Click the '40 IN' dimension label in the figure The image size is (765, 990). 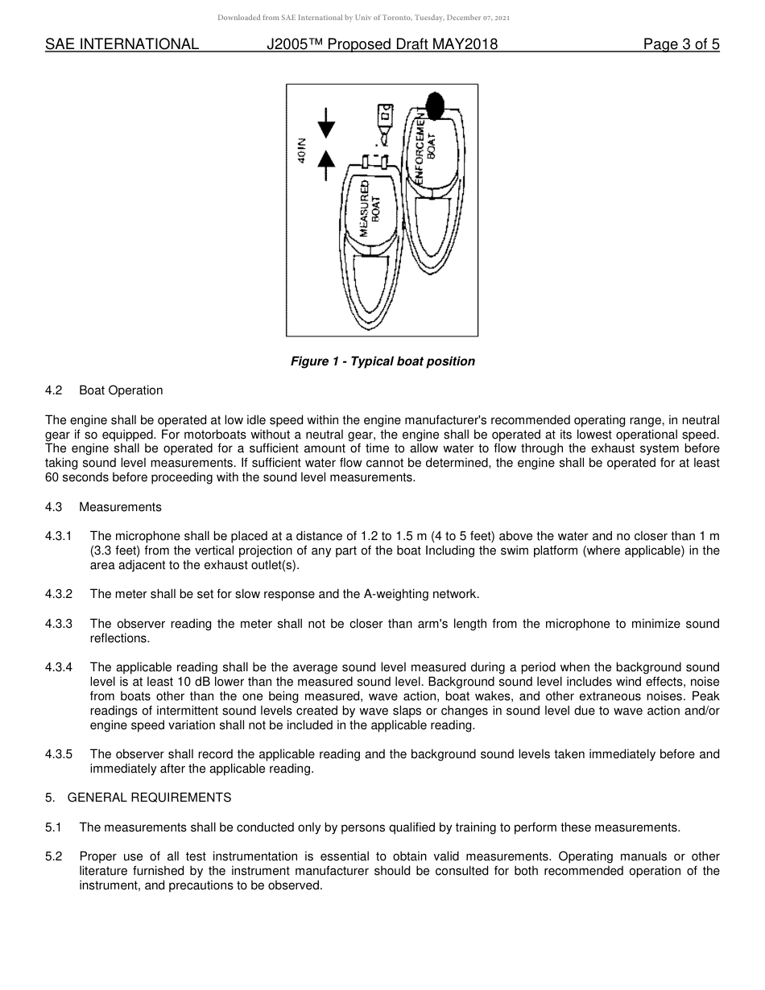point(301,150)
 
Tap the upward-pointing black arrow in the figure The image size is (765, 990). point(326,165)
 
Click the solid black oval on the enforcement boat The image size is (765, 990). point(435,104)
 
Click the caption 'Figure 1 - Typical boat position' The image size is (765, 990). point(382,361)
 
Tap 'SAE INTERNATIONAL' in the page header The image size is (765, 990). point(122,45)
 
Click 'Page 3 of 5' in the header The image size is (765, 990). point(680,45)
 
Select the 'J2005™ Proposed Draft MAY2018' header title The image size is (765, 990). point(382,45)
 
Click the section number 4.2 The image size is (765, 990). point(54,390)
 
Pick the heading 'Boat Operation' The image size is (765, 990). point(121,390)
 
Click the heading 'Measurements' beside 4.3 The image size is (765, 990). point(120,507)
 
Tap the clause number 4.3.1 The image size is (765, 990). point(59,536)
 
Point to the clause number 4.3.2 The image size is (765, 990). point(59,594)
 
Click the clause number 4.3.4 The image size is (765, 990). point(59,667)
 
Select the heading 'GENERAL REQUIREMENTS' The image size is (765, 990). point(149,798)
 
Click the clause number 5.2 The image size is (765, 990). point(54,856)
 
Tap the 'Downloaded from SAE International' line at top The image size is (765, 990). point(363,17)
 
